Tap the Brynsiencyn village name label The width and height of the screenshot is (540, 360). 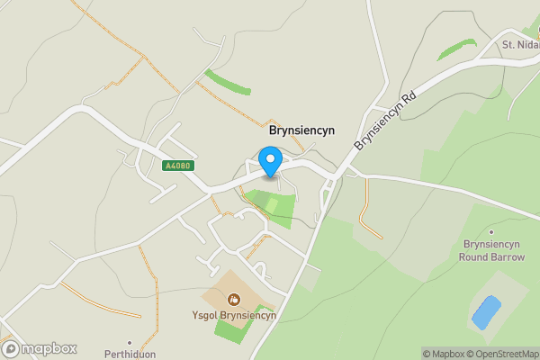click(x=301, y=130)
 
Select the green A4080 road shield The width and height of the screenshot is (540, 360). click(x=177, y=166)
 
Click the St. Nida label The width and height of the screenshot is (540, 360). click(x=519, y=45)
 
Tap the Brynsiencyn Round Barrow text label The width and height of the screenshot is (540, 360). click(x=492, y=250)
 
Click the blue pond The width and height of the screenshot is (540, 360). click(x=485, y=312)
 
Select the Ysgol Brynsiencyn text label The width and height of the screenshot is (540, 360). click(x=234, y=315)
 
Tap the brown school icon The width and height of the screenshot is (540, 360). click(x=234, y=299)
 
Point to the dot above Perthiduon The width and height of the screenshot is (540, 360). click(x=130, y=342)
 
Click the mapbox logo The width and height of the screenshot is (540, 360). click(x=39, y=348)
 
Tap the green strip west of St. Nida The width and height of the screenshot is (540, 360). click(x=456, y=49)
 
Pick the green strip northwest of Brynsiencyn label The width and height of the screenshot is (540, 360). click(x=227, y=82)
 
